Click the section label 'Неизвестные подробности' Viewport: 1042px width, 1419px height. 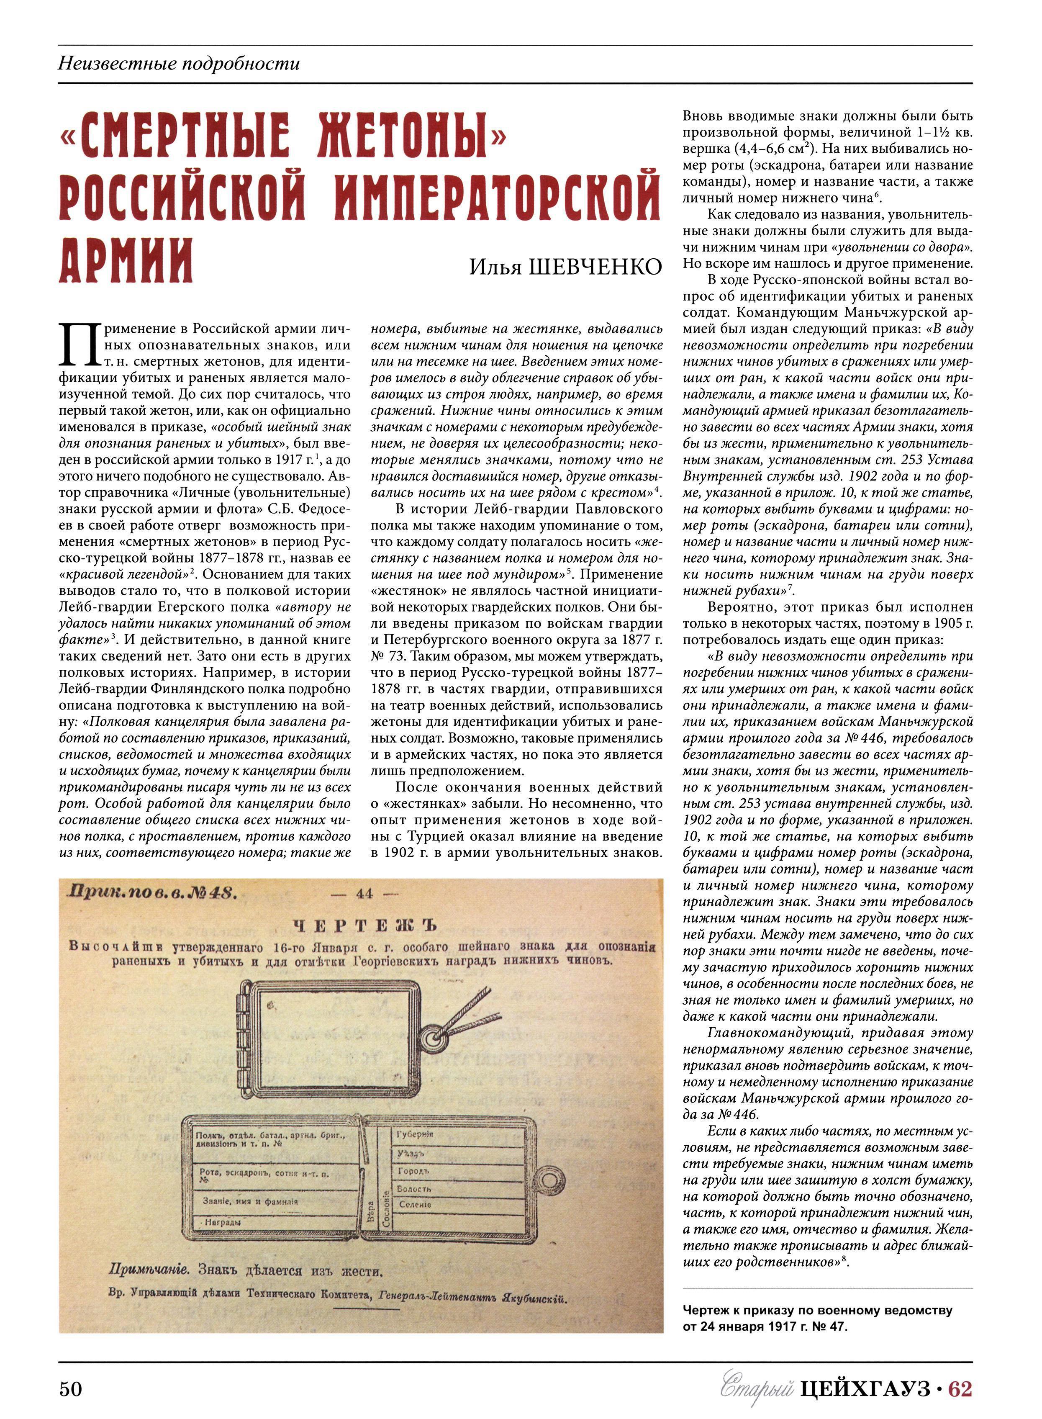point(179,64)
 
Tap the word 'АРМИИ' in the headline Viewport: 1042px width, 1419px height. point(126,260)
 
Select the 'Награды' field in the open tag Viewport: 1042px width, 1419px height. point(223,1222)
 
